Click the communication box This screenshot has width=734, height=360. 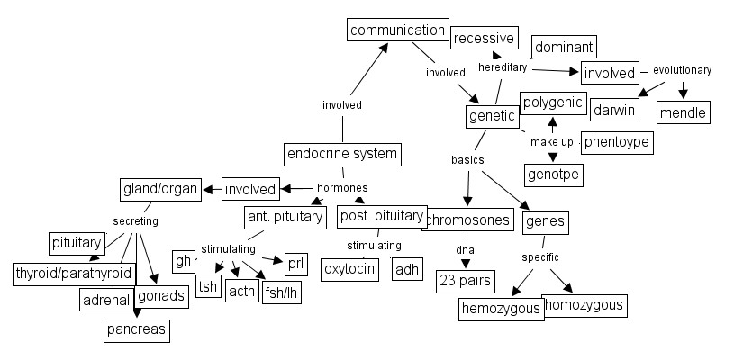click(x=397, y=30)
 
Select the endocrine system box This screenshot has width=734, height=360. click(x=341, y=154)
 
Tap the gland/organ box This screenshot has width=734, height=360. click(x=159, y=190)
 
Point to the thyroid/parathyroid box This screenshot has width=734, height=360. click(x=74, y=273)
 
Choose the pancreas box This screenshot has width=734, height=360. click(x=135, y=329)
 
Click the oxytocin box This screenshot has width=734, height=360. click(x=349, y=269)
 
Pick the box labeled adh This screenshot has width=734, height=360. click(x=407, y=269)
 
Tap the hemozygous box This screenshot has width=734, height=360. click(x=501, y=309)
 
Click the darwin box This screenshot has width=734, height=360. click(x=614, y=111)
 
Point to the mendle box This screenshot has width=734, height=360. click(x=683, y=112)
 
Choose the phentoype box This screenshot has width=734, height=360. click(x=616, y=142)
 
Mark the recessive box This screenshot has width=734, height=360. click(x=484, y=38)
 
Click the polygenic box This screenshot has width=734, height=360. click(x=553, y=103)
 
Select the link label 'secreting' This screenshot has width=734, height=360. click(x=135, y=220)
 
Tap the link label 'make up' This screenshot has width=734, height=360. click(x=551, y=142)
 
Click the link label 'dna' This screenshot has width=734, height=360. click(x=465, y=248)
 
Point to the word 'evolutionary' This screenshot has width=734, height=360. click(x=682, y=70)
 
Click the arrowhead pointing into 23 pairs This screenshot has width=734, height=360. click(x=466, y=263)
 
